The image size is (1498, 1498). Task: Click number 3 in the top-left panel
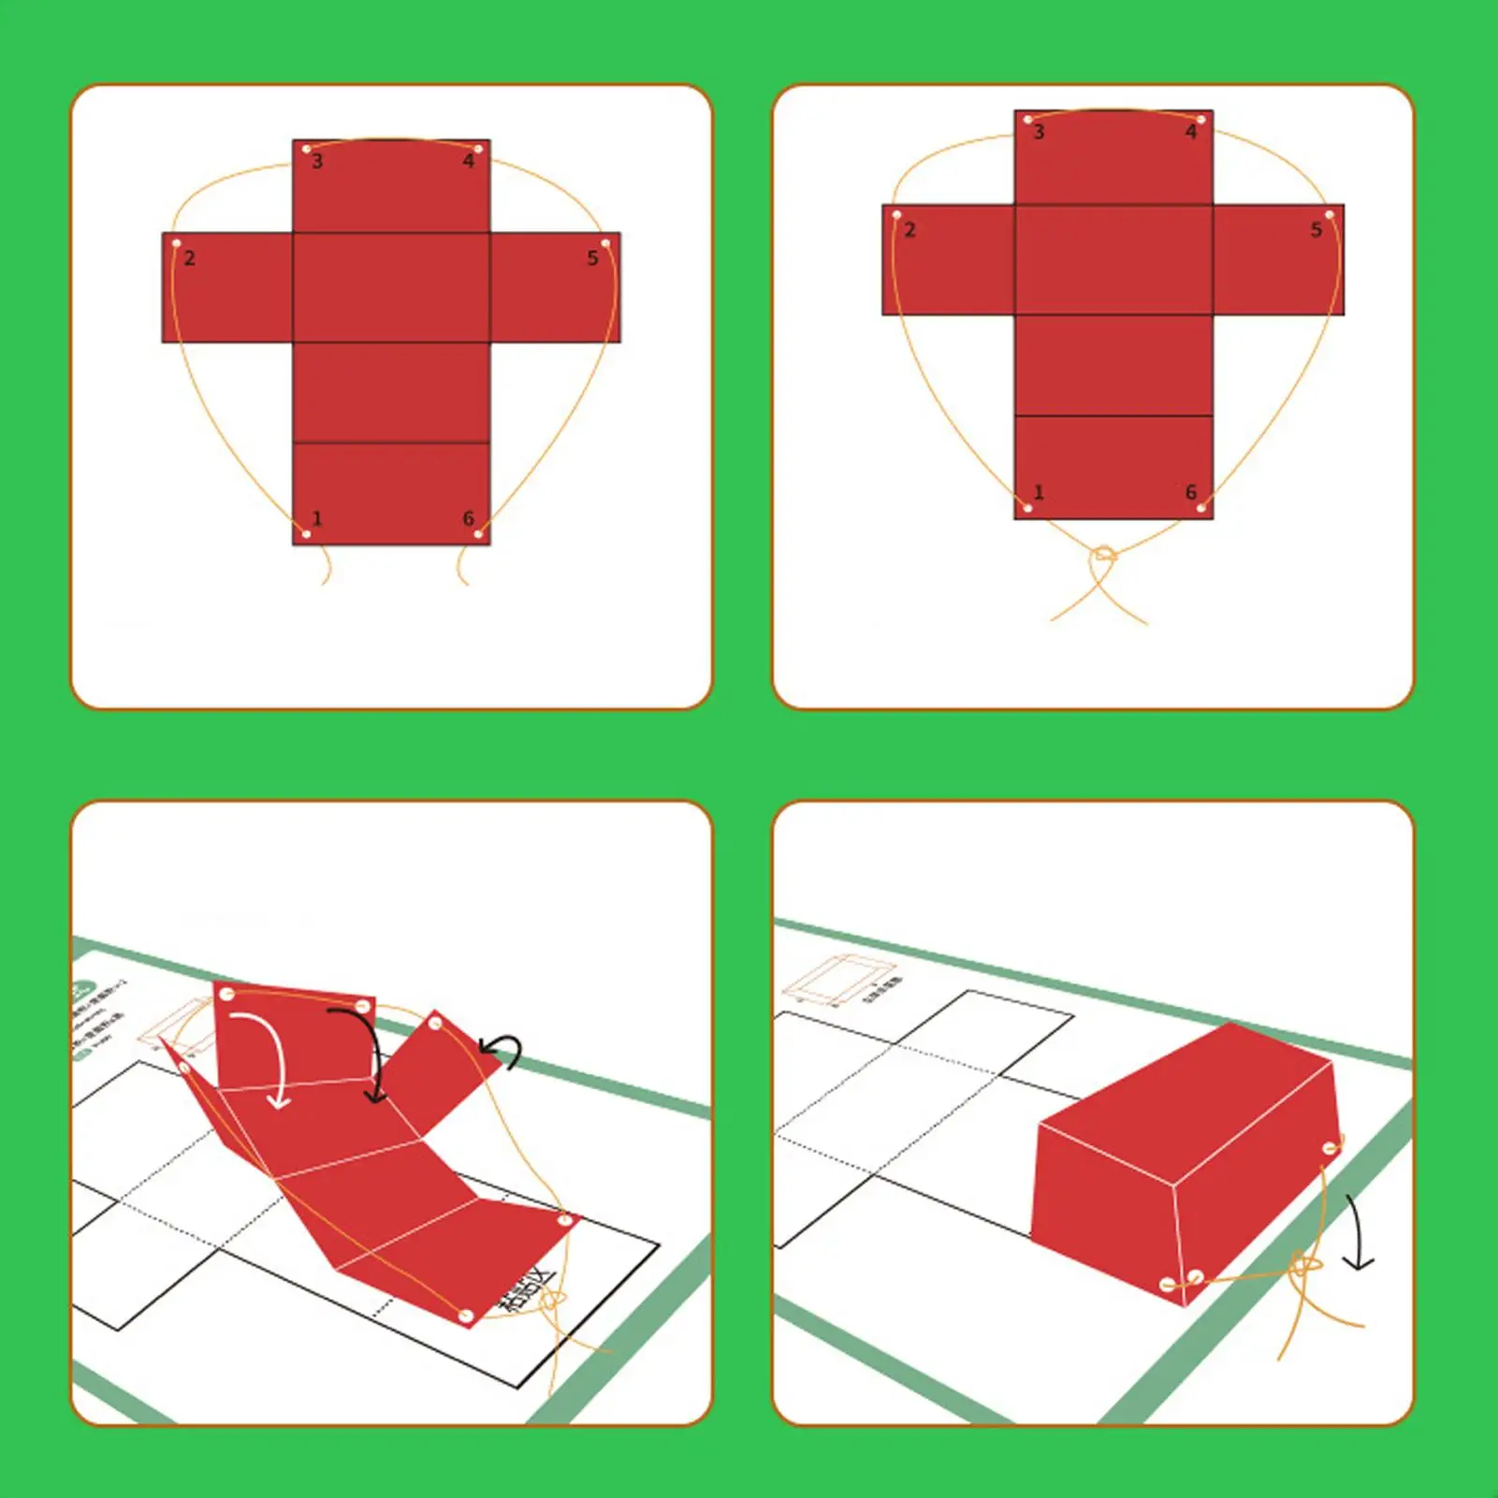(x=317, y=162)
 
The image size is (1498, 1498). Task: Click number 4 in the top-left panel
(x=469, y=162)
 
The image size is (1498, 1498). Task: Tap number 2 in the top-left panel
(x=190, y=258)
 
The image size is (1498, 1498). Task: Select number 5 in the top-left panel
(x=592, y=258)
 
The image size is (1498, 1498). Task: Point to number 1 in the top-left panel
(x=317, y=518)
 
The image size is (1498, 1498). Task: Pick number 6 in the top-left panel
(x=469, y=518)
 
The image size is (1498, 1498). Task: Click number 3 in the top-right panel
(x=1039, y=133)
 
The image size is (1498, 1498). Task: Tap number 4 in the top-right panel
(x=1191, y=133)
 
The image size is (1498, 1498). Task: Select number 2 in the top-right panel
(x=909, y=230)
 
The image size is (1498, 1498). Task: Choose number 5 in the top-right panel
(x=1316, y=230)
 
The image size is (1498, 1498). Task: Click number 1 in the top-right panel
(x=1039, y=492)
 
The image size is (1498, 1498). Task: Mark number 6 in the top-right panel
(x=1191, y=492)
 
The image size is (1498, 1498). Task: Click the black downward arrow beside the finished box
(x=1357, y=1233)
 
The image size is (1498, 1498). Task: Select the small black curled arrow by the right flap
(x=502, y=1049)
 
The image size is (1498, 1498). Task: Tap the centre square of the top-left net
(x=391, y=287)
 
